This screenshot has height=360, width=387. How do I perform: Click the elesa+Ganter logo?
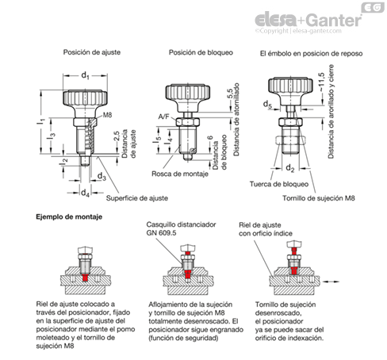[308, 20]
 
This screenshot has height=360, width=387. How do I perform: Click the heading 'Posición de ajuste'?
[92, 52]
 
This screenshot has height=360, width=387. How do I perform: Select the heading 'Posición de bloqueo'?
[201, 52]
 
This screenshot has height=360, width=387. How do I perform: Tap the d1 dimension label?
[85, 75]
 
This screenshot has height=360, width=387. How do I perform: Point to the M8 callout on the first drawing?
[107, 115]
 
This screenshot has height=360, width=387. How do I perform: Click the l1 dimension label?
[41, 122]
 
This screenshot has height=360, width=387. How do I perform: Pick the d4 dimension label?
[85, 193]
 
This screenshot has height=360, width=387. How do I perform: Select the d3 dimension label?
[102, 176]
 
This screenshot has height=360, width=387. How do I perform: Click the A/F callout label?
[163, 117]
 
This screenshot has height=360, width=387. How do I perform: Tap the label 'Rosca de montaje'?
[180, 174]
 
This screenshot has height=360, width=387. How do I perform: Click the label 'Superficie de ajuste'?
[137, 198]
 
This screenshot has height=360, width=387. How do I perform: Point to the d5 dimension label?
[267, 105]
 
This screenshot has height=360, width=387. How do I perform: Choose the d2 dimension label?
[290, 168]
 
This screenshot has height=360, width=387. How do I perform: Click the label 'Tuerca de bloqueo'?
[279, 184]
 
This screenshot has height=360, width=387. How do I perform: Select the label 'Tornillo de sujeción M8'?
[319, 198]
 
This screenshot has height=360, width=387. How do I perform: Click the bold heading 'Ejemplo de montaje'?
[69, 217]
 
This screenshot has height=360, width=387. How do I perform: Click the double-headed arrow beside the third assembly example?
[331, 281]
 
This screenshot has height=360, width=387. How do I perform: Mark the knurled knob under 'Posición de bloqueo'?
[188, 92]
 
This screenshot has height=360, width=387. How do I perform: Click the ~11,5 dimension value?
[321, 82]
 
